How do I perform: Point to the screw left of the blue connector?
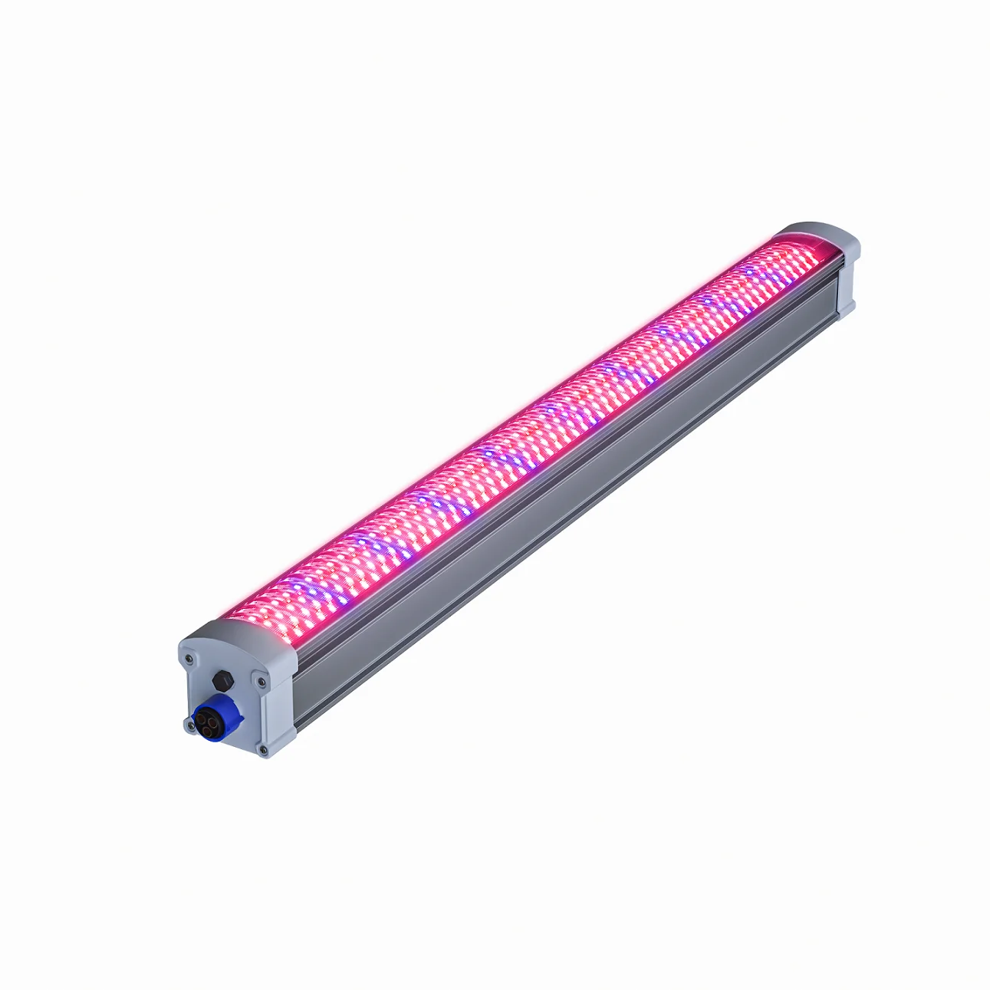(188, 724)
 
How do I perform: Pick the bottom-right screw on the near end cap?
(263, 748)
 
